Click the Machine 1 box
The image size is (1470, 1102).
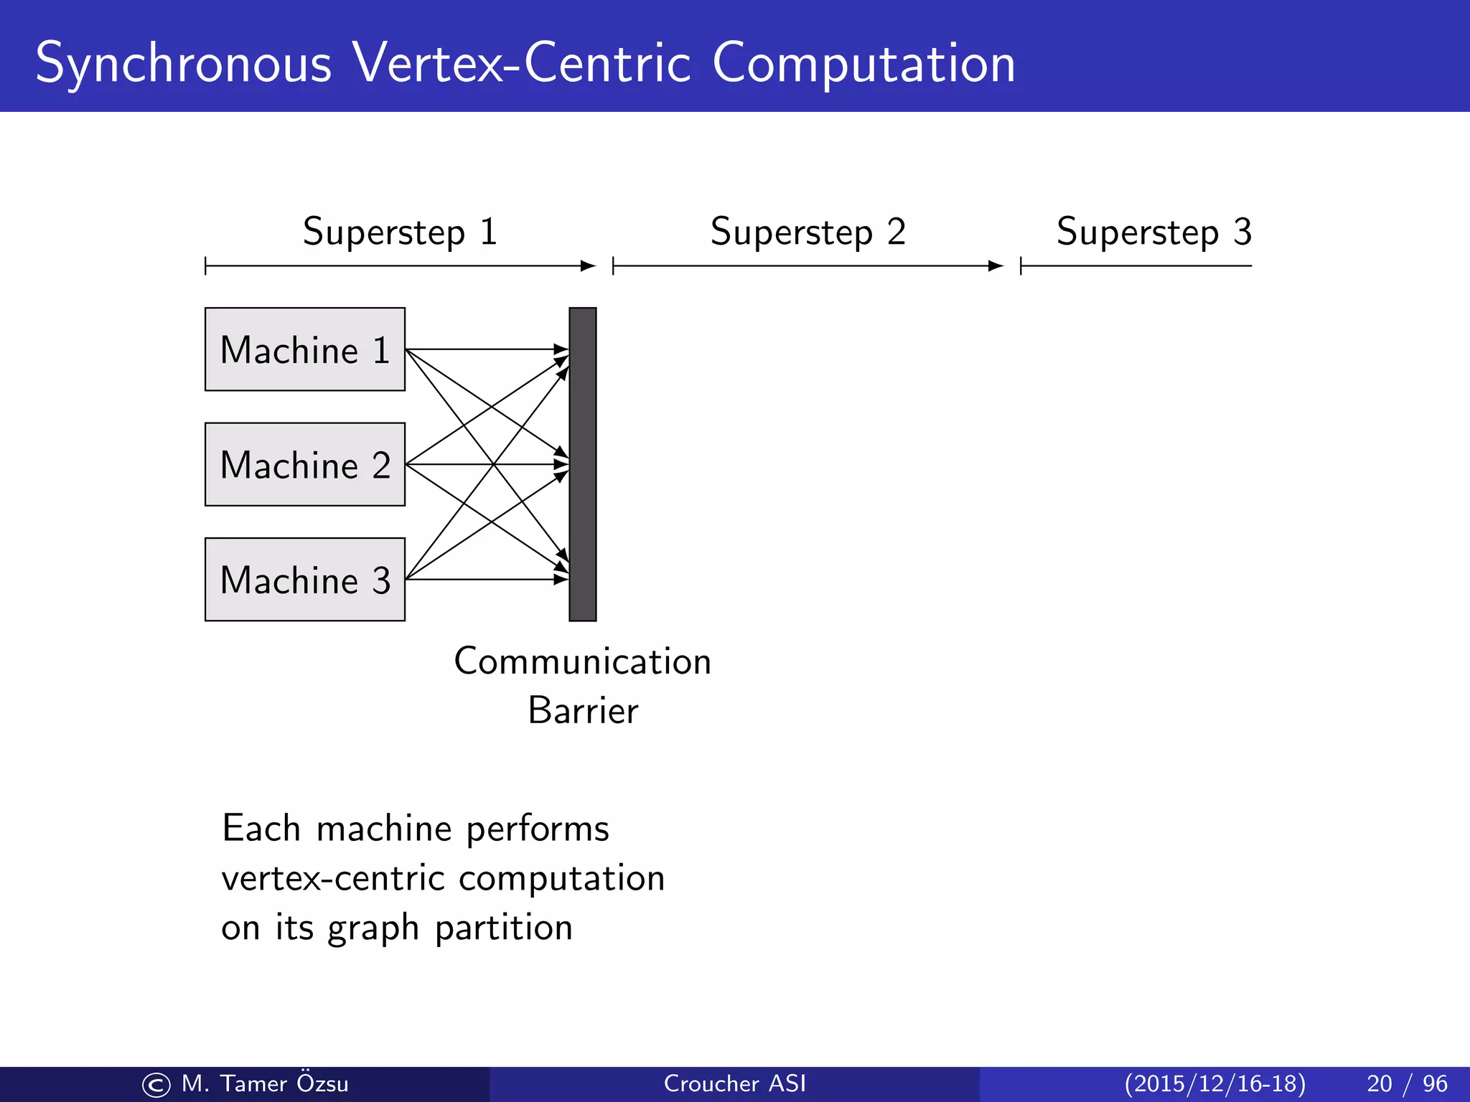pos(304,349)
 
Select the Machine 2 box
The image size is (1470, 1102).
pos(304,464)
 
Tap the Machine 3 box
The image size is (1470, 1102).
pos(304,579)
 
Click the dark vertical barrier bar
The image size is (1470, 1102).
pos(582,464)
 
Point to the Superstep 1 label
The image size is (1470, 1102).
pos(400,232)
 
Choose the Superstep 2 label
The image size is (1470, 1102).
pos(807,232)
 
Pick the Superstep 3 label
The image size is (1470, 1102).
pos(1153,232)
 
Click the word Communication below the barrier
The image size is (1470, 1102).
pos(582,661)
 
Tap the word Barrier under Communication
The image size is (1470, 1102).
pos(582,711)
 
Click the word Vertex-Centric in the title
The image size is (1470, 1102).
pos(522,63)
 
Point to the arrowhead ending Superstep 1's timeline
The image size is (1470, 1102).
pos(589,266)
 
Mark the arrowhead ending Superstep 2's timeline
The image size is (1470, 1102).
pos(996,266)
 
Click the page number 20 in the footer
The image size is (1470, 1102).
pos(1379,1083)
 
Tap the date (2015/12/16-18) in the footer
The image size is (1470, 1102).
pos(1214,1083)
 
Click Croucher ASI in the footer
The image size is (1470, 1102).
pos(734,1083)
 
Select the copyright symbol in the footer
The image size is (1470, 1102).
pos(156,1085)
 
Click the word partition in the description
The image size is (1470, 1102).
pos(504,928)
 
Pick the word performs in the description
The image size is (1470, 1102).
pos(538,830)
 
